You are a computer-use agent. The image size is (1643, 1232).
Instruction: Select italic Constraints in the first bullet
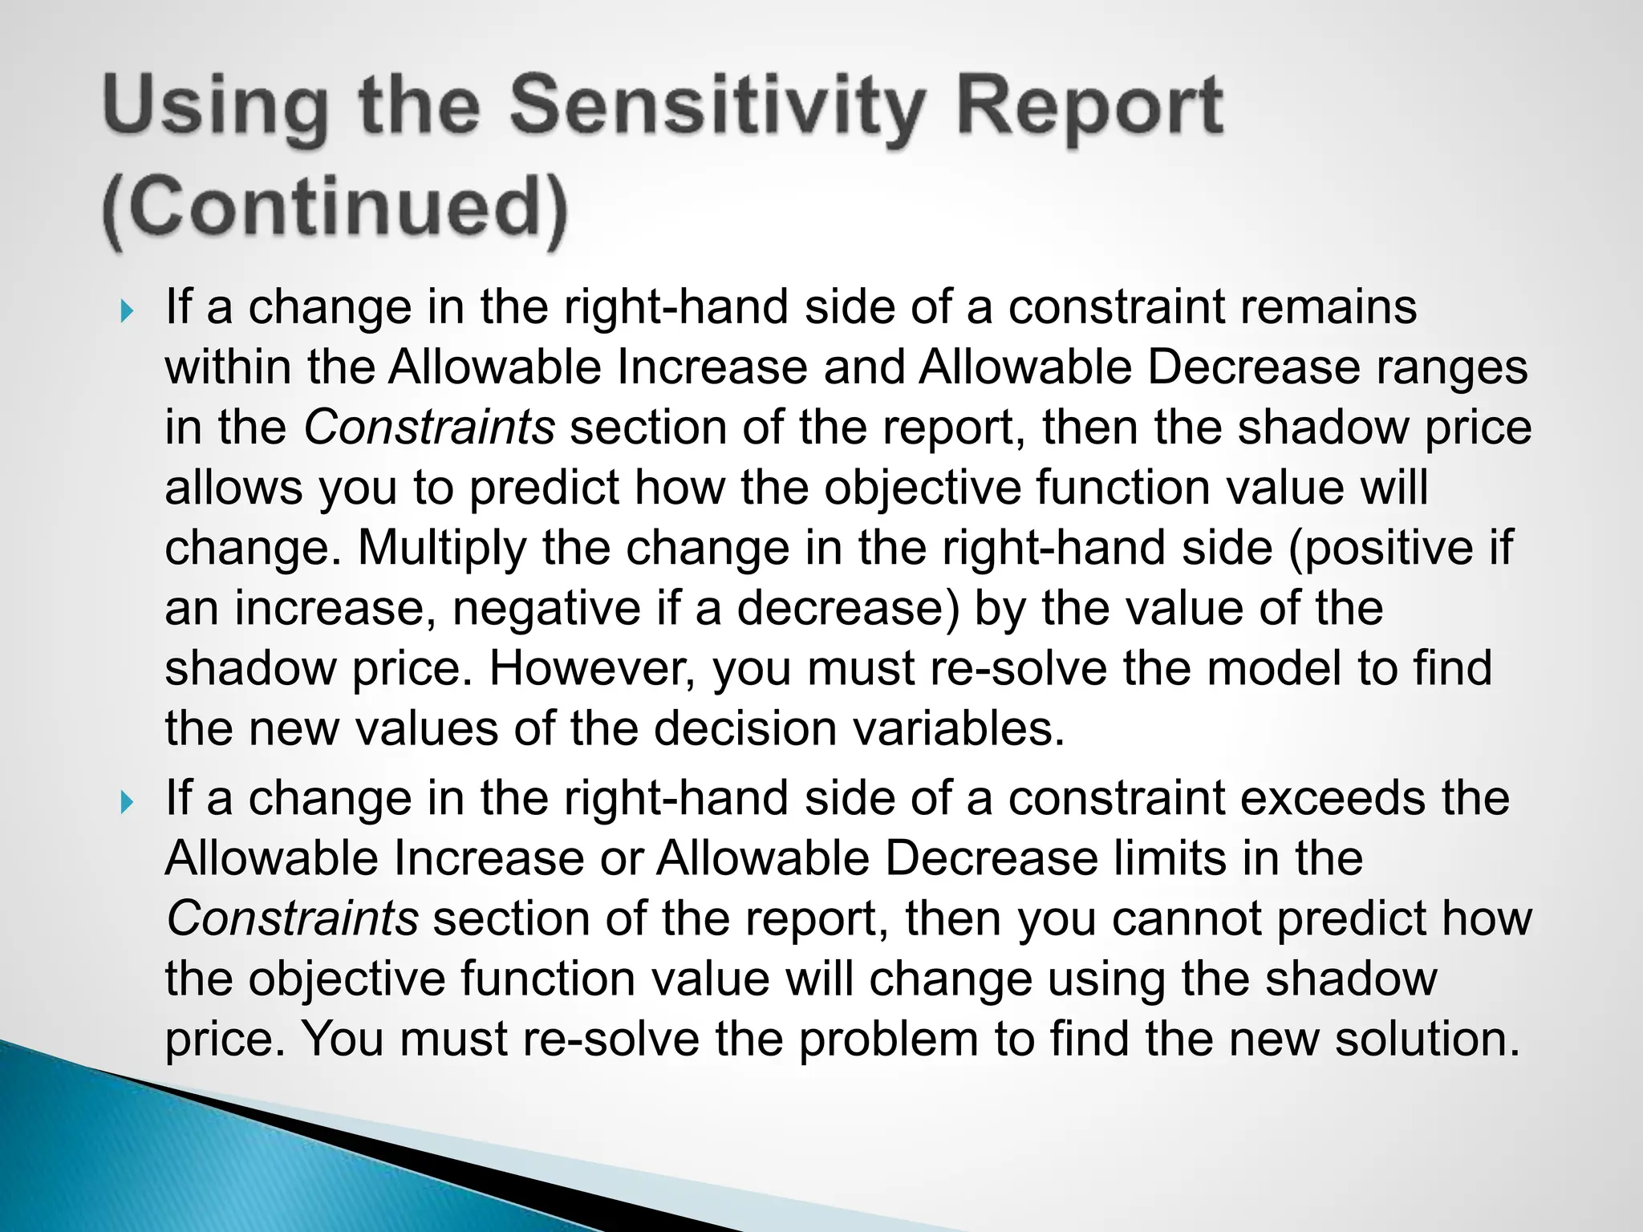click(x=429, y=428)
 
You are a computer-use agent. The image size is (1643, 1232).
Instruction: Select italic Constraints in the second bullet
click(x=292, y=919)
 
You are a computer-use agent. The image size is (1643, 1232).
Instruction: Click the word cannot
click(x=1186, y=919)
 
